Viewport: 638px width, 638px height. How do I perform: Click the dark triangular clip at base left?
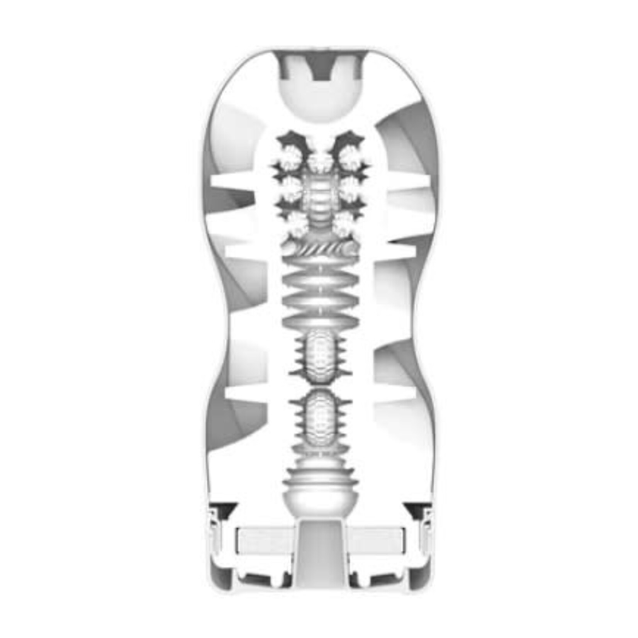224,508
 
